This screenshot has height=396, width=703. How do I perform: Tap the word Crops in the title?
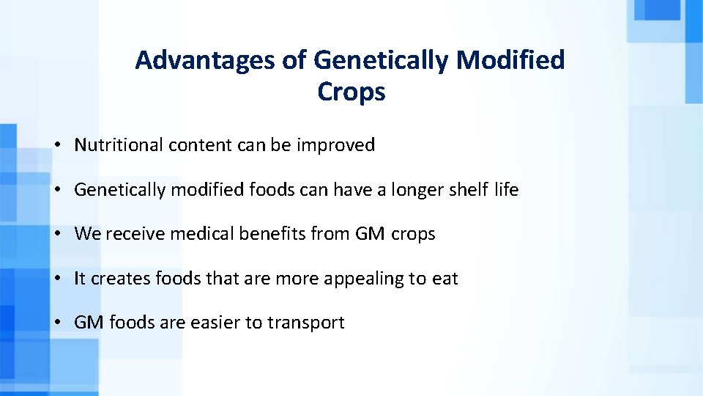[351, 92]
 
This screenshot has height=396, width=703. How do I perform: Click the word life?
[506, 191]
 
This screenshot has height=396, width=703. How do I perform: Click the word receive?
[130, 235]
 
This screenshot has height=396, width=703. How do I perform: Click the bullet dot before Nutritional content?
[57, 146]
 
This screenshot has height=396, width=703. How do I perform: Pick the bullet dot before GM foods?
[57, 323]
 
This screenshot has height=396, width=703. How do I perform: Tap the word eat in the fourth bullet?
[445, 279]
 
